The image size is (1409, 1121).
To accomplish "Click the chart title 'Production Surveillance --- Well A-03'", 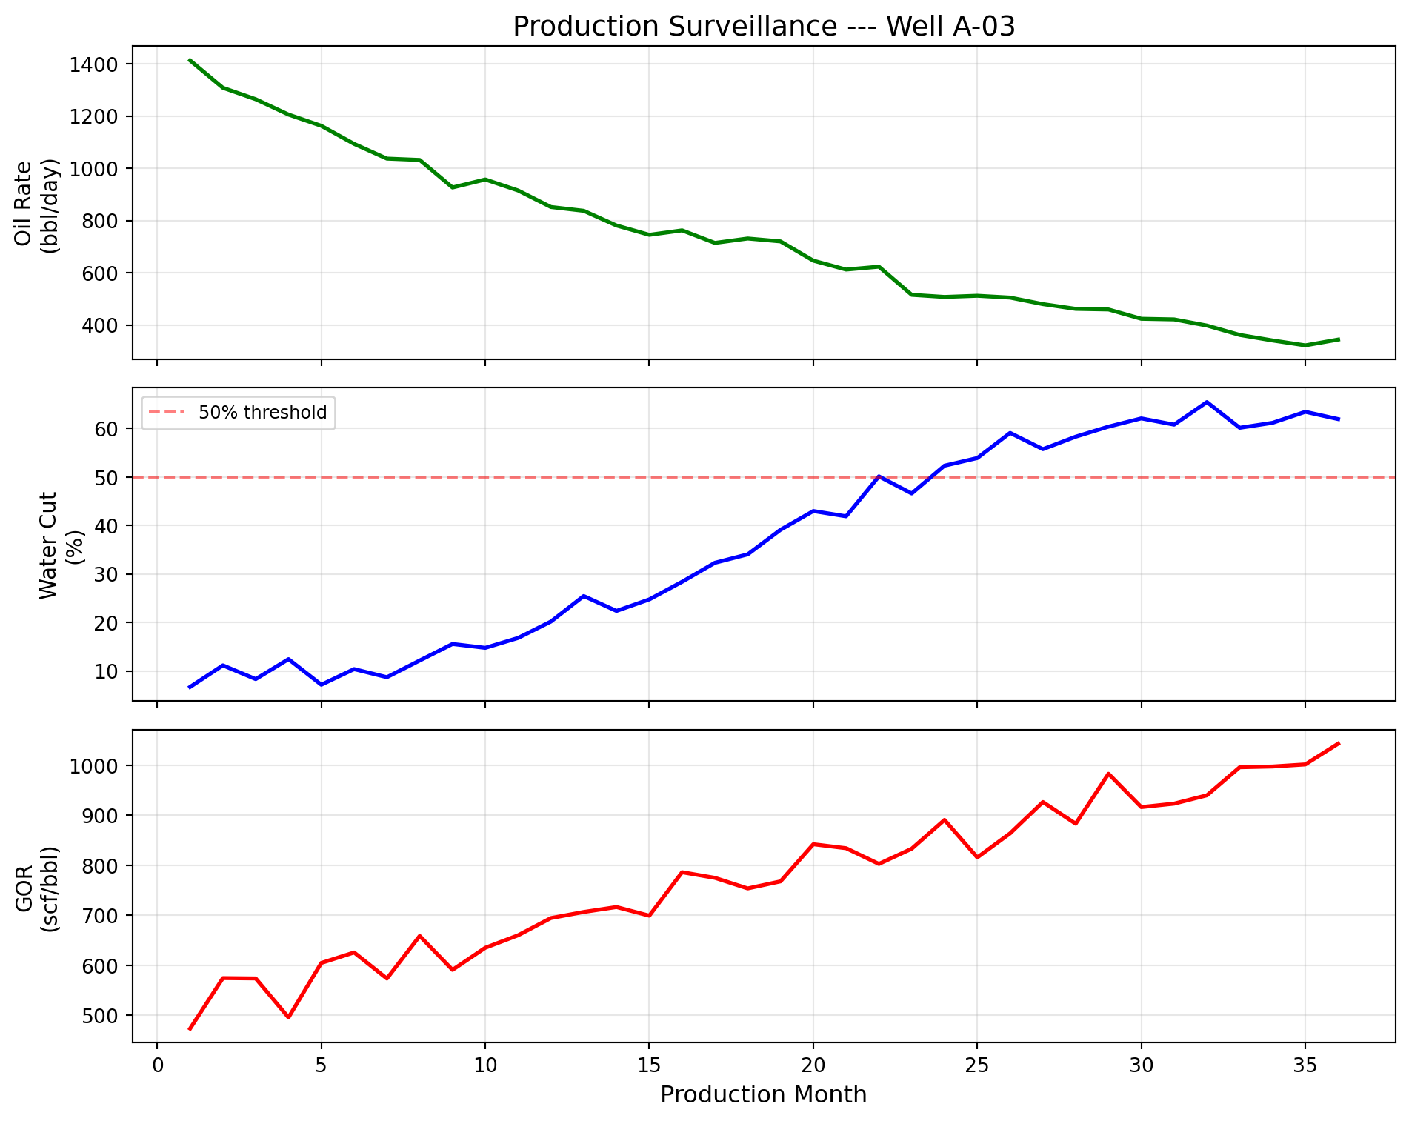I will click(x=763, y=27).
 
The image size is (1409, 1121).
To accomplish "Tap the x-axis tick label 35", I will click(x=1305, y=1066).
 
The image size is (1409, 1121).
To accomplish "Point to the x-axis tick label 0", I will click(x=157, y=1066).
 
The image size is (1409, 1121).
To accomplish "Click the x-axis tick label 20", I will click(x=813, y=1066).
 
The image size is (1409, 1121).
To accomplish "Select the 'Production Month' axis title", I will click(x=763, y=1095).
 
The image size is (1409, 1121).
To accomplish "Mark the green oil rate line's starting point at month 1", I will click(x=190, y=60).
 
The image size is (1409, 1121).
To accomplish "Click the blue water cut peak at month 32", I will click(x=1207, y=402).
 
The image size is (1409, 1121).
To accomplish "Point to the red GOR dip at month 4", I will click(x=288, y=1017).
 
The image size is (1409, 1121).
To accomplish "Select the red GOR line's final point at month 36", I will click(x=1338, y=743).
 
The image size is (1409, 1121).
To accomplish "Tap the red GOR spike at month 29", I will click(x=1108, y=774).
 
